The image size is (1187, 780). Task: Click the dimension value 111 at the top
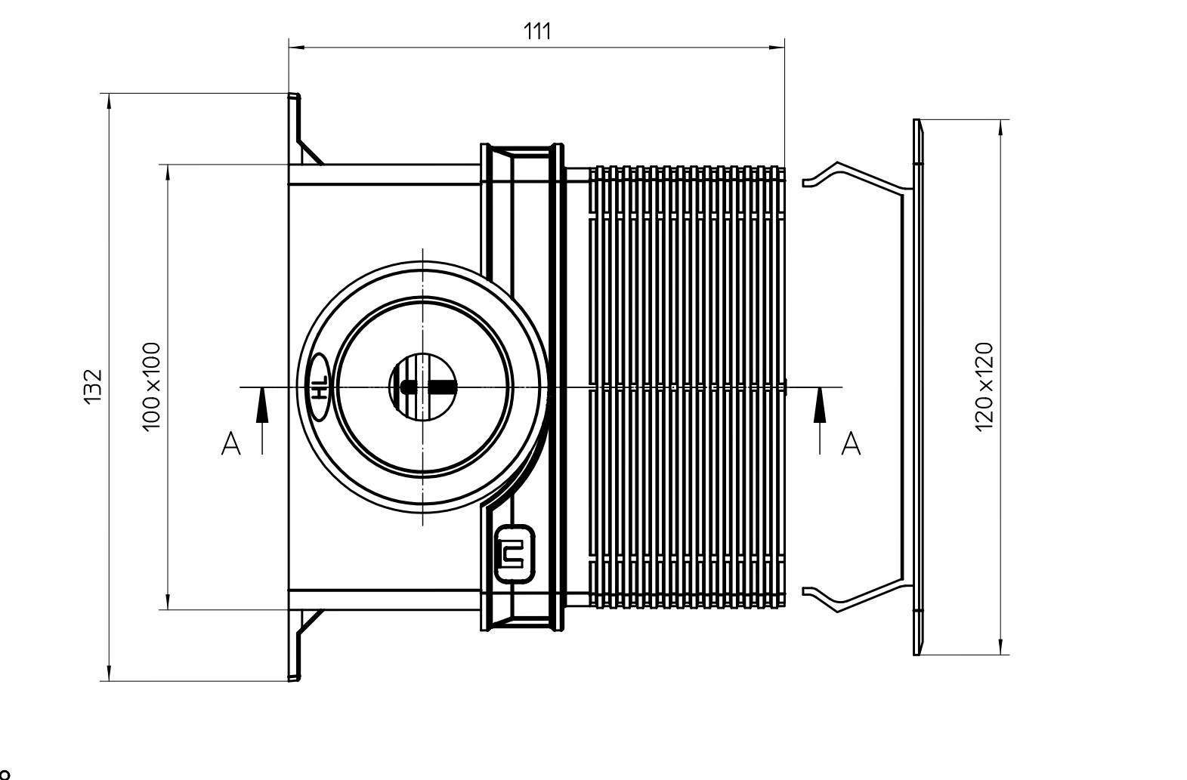click(537, 31)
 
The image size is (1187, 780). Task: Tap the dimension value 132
click(93, 387)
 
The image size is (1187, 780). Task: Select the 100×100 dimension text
click(152, 387)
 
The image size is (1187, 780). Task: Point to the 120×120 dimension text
click(985, 387)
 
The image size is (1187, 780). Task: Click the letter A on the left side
click(231, 444)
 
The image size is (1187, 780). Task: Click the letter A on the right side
click(851, 444)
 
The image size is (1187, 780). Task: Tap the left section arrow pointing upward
click(261, 421)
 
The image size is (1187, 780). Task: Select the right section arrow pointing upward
click(820, 421)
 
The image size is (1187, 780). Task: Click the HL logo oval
click(320, 387)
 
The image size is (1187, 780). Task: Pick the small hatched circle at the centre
click(422, 387)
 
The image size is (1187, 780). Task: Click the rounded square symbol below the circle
click(514, 554)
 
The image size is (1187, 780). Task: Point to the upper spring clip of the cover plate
click(853, 174)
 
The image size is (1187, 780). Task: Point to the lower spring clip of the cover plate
click(853, 599)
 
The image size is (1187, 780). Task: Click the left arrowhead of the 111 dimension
click(296, 48)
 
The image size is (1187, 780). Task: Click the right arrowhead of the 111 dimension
click(777, 48)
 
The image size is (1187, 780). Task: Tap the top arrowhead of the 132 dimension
click(109, 101)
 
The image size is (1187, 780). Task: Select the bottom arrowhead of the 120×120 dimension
click(1000, 646)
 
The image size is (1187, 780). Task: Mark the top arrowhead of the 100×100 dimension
click(168, 173)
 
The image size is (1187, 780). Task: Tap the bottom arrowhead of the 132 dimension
click(109, 673)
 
